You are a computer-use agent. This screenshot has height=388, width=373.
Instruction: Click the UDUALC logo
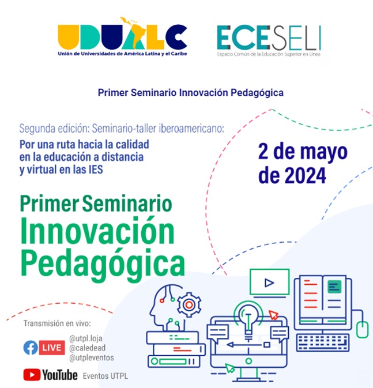(x=122, y=36)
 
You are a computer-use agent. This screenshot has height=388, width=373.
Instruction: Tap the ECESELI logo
(x=269, y=41)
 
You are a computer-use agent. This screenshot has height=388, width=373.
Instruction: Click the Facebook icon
(x=31, y=348)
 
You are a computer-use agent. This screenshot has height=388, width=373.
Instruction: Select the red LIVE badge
(x=52, y=348)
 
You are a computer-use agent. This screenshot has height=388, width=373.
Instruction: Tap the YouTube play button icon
(x=32, y=375)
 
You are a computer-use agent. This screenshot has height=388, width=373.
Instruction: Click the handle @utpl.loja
(x=86, y=338)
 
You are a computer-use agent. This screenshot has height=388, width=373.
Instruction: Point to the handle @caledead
(x=88, y=348)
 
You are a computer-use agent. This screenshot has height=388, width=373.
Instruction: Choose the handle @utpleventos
(x=92, y=358)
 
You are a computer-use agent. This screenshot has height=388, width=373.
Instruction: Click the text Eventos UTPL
(x=106, y=376)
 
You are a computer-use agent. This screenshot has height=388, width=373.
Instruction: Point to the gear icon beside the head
(x=189, y=304)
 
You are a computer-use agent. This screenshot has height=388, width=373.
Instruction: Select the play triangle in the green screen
(x=269, y=282)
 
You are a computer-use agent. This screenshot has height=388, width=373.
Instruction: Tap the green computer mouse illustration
(x=362, y=329)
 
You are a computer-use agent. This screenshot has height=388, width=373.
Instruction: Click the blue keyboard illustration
(x=322, y=342)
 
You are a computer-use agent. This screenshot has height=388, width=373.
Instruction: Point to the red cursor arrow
(x=274, y=315)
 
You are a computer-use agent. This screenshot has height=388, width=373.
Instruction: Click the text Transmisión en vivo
(x=57, y=323)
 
